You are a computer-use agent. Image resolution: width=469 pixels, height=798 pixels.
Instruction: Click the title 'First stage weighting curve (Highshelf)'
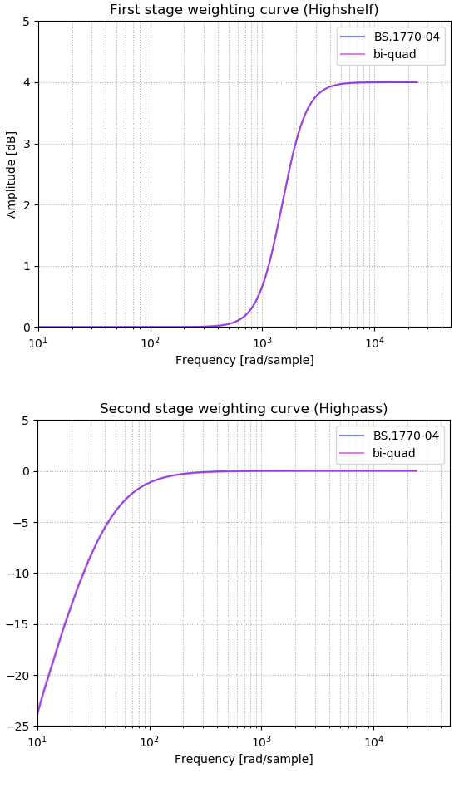(244, 10)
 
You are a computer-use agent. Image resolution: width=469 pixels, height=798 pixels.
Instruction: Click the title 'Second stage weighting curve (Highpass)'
(244, 409)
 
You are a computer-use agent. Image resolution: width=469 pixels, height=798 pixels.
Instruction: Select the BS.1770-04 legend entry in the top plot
(407, 37)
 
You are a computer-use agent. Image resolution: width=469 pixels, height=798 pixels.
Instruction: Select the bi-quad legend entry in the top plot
(394, 55)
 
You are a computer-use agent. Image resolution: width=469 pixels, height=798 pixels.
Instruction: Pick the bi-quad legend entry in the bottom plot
(393, 454)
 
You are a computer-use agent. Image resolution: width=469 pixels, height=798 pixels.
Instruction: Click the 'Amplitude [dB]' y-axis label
(12, 175)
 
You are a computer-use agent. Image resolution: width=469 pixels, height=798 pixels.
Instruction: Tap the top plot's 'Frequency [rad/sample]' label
(244, 360)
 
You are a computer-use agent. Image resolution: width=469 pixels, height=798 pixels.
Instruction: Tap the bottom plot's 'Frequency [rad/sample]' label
(244, 759)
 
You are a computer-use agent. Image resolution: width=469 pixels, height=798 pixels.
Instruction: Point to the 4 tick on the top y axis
(27, 82)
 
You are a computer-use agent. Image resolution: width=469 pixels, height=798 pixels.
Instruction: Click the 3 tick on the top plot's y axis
(27, 144)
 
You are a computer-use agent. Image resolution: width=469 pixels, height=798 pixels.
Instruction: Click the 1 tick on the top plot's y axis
(27, 266)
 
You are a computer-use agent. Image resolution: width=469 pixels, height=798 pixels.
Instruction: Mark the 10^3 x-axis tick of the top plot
(262, 342)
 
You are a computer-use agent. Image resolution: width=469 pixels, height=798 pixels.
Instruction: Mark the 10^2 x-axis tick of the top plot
(151, 342)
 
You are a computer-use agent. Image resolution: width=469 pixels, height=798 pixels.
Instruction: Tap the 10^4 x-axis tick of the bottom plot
(373, 741)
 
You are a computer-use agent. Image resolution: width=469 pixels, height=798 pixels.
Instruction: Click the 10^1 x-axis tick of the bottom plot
(37, 741)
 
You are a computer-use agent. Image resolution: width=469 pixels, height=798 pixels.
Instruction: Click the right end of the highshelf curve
(417, 82)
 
